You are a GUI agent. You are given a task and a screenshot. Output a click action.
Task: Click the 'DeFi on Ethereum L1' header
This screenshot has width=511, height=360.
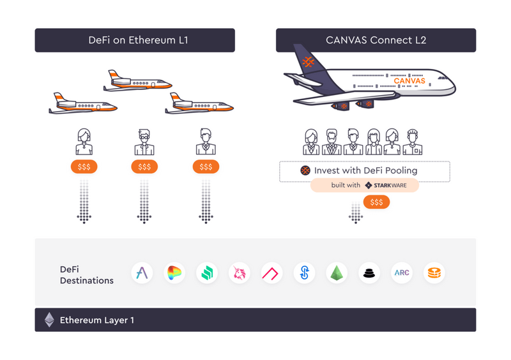134,40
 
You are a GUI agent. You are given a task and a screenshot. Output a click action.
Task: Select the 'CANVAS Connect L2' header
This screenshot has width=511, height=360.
376,40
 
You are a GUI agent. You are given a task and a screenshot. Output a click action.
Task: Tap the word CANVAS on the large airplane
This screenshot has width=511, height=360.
409,81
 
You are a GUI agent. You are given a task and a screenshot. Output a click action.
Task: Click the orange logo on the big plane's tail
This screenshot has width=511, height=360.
308,63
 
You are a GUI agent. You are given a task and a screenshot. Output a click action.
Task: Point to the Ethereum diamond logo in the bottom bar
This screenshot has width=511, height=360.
49,320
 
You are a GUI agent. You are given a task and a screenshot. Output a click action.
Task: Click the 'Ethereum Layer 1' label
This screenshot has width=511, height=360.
97,320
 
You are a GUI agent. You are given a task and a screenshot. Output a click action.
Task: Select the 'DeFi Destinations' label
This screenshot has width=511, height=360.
87,274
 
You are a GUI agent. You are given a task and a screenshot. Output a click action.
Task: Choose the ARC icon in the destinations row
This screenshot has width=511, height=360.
401,273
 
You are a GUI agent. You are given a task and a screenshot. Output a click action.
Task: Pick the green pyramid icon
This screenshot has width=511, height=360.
336,273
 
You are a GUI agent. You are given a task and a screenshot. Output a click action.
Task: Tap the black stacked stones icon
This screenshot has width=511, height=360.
369,273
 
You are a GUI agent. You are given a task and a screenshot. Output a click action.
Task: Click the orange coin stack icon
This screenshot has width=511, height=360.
434,273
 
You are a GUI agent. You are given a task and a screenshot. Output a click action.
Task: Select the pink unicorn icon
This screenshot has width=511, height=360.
240,273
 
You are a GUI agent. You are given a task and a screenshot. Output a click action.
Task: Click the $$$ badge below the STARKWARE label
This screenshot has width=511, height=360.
377,202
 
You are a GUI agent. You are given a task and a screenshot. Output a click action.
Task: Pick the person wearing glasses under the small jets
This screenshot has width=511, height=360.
144,142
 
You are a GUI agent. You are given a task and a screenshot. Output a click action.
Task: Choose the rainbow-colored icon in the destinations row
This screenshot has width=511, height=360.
174,273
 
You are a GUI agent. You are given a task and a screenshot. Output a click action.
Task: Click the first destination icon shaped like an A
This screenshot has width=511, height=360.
142,273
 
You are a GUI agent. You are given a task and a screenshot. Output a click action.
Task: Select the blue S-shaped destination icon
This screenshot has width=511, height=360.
304,273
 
